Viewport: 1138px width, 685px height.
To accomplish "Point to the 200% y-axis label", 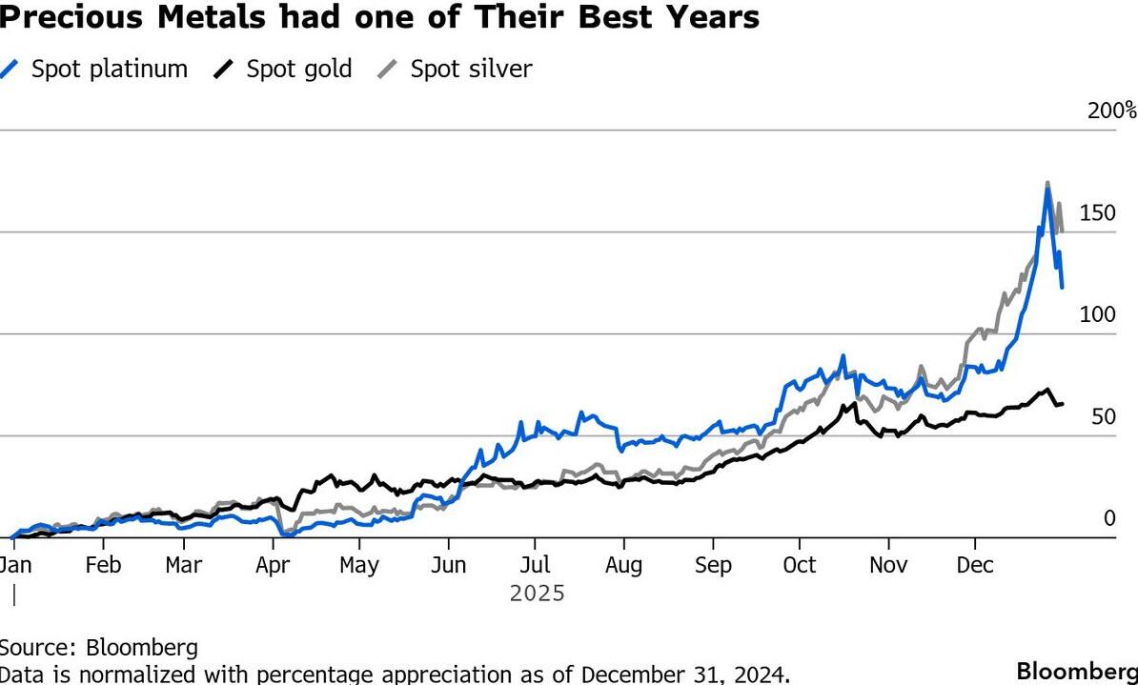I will [x=1112, y=111].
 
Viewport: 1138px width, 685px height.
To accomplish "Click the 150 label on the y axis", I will [x=1098, y=213].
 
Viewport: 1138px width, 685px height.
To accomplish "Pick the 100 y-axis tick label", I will [x=1097, y=315].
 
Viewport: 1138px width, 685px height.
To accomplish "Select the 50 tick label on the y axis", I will [x=1103, y=417].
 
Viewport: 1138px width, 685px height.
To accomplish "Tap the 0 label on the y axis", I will [x=1108, y=519].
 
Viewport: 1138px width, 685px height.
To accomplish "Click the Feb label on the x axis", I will [x=103, y=565].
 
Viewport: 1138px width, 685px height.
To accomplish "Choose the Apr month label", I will [x=273, y=565].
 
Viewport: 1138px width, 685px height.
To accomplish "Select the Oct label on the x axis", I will [x=799, y=565].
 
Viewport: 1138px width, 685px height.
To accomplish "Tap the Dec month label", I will [x=975, y=565].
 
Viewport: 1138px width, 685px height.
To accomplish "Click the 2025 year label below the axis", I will [x=537, y=594].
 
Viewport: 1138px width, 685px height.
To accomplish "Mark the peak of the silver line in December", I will [x=1047, y=182].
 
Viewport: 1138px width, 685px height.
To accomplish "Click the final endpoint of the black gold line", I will [x=1063, y=404].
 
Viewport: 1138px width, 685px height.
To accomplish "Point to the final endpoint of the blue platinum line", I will [x=1063, y=286].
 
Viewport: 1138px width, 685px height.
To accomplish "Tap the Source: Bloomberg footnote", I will [x=99, y=648].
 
